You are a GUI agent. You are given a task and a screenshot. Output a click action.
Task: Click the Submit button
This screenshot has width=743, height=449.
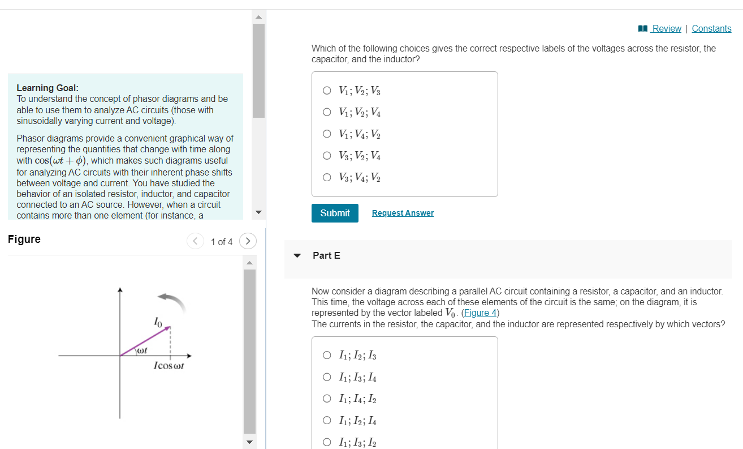335,213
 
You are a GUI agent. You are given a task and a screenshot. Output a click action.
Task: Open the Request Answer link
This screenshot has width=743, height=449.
403,213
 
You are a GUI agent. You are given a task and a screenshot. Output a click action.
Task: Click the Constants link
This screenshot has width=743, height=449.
711,28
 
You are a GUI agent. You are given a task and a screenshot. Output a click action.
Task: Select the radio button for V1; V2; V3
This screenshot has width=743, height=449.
327,90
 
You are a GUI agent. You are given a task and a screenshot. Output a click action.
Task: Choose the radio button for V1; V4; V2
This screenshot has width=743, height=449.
327,134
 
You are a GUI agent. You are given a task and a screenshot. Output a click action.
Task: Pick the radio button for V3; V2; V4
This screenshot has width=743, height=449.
327,156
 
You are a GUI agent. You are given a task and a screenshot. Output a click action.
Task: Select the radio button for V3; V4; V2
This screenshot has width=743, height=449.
327,177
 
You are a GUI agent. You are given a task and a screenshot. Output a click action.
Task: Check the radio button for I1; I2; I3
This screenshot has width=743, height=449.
327,356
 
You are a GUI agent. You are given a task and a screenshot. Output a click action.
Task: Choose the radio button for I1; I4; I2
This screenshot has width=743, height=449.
327,399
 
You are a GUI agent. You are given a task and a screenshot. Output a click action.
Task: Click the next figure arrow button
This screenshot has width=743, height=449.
248,241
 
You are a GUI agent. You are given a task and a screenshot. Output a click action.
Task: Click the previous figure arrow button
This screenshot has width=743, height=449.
195,241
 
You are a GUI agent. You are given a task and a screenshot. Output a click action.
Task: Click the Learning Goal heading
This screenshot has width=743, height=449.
47,88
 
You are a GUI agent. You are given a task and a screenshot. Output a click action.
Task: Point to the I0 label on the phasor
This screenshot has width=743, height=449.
158,322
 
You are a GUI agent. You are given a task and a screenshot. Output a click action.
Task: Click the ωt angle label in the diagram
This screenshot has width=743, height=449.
141,351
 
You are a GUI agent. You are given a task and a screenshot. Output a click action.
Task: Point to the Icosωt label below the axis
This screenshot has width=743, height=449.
169,366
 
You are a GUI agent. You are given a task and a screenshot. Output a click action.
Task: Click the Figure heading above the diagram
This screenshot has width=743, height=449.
24,239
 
